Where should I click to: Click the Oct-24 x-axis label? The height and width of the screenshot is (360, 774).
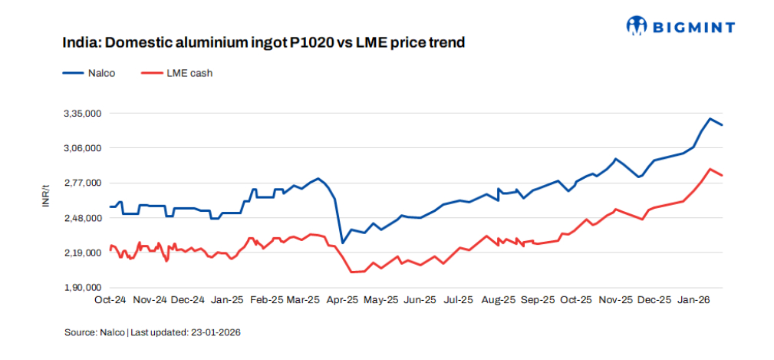110,300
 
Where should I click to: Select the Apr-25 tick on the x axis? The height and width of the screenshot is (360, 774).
343,300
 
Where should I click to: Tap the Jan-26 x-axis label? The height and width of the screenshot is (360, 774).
693,300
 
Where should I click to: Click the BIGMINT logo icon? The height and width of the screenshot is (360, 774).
636,27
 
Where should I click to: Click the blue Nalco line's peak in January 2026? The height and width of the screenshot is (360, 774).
710,119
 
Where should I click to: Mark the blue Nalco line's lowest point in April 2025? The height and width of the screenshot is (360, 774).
342,243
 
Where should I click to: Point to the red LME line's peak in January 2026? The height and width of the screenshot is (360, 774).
710,169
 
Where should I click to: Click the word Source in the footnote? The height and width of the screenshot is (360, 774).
79,332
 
